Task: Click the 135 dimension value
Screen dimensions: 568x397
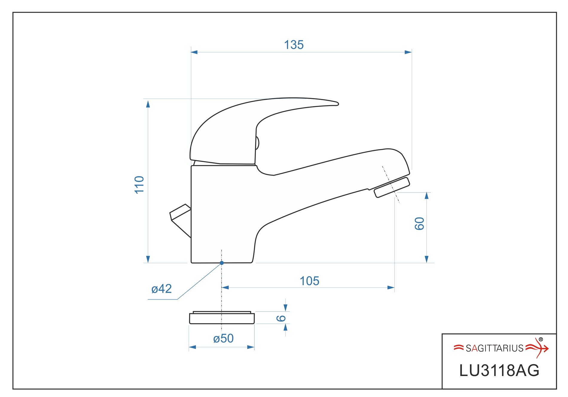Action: (294, 45)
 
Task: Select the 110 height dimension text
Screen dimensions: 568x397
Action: (140, 185)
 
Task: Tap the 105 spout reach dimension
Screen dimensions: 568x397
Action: (309, 281)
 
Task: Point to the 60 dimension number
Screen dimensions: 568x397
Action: (419, 224)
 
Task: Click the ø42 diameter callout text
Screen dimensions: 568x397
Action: (161, 289)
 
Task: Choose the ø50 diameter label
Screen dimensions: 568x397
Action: (223, 338)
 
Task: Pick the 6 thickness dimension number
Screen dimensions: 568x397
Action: (281, 318)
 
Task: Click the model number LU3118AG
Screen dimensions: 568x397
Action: (499, 371)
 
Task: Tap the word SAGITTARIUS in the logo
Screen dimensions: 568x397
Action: (495, 348)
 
